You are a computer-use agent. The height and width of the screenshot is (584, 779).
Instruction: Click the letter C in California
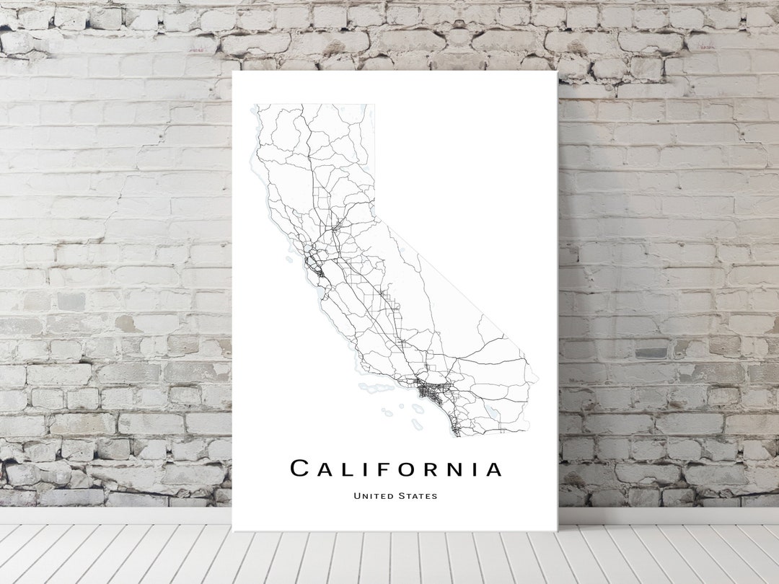point(300,469)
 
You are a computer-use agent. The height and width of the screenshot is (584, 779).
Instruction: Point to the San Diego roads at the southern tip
point(455,429)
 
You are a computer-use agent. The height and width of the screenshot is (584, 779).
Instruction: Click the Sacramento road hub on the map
point(335,229)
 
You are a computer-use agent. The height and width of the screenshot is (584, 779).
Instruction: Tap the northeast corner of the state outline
point(374,105)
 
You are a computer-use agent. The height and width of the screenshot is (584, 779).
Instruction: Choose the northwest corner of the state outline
point(258,105)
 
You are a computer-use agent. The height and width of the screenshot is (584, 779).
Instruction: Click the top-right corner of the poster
point(557,71)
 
